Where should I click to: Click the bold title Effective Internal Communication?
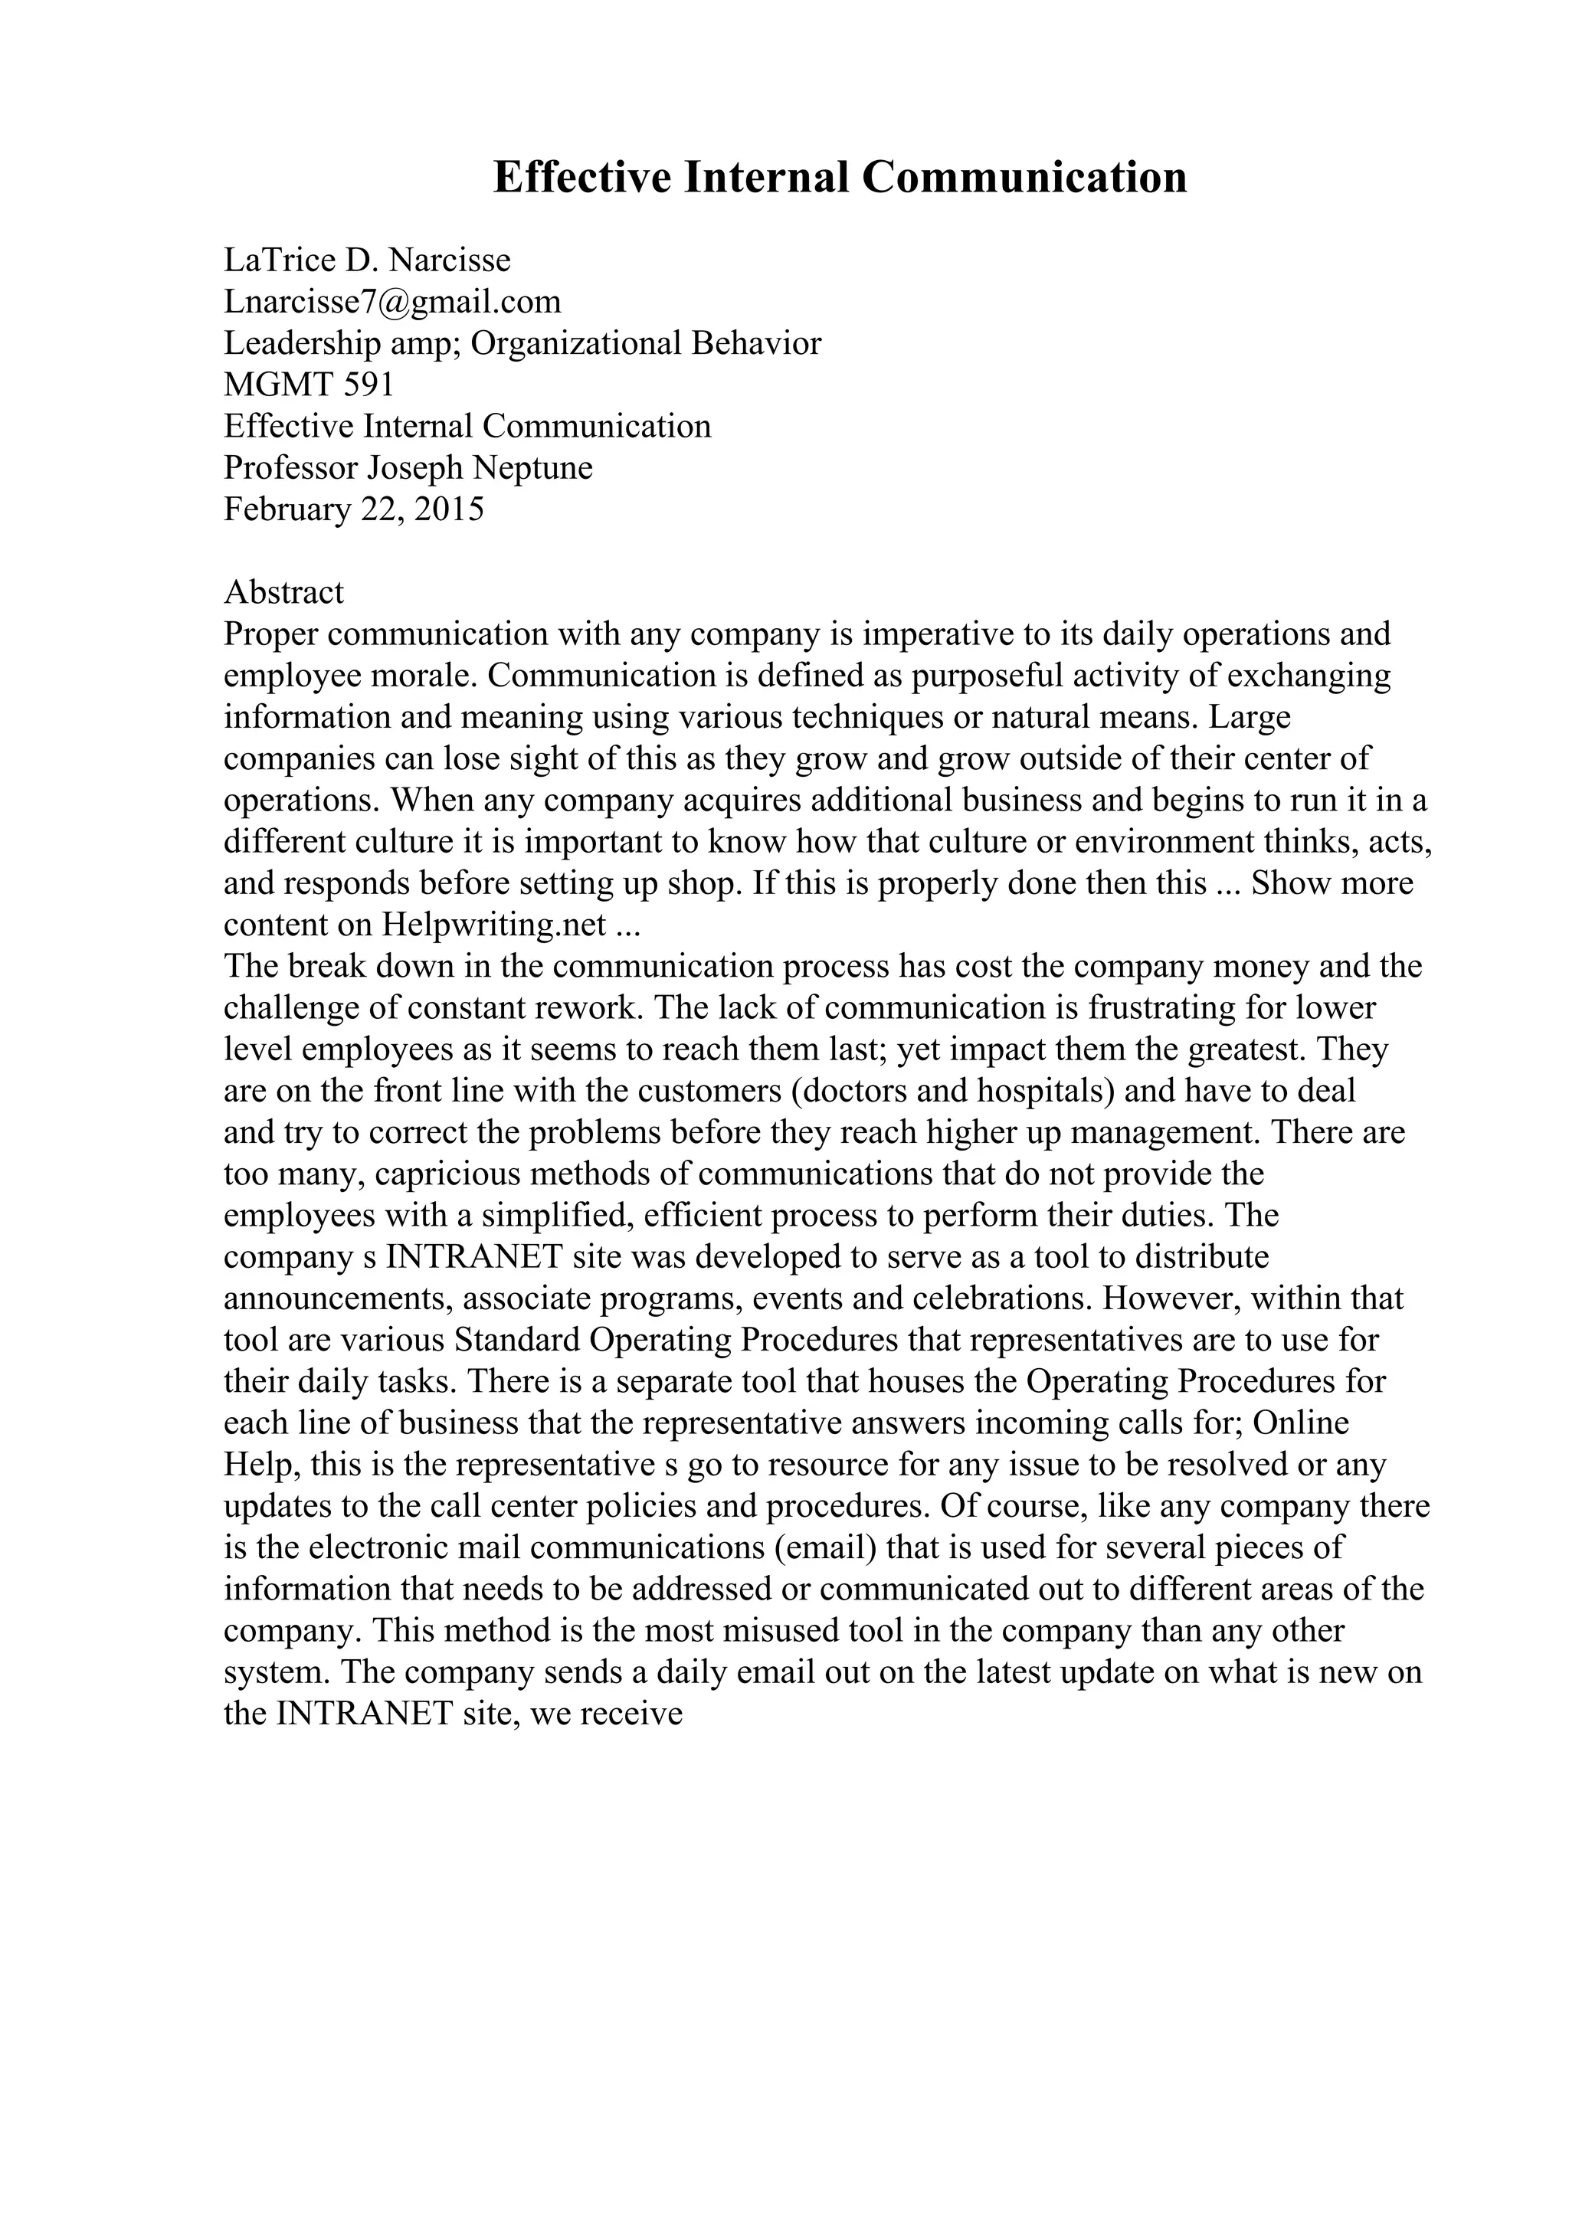[x=839, y=178]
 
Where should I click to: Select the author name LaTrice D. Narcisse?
[x=368, y=260]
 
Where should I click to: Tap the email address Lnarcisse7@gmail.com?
[x=392, y=302]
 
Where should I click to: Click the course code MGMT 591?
[x=310, y=385]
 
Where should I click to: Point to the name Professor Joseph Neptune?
[x=408, y=468]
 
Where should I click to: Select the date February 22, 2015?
[x=354, y=509]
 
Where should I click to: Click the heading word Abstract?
[x=283, y=591]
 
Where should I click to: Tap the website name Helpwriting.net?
[x=494, y=925]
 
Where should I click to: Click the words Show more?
[x=1332, y=884]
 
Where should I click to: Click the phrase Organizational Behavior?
[x=646, y=343]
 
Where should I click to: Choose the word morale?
[x=425, y=676]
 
